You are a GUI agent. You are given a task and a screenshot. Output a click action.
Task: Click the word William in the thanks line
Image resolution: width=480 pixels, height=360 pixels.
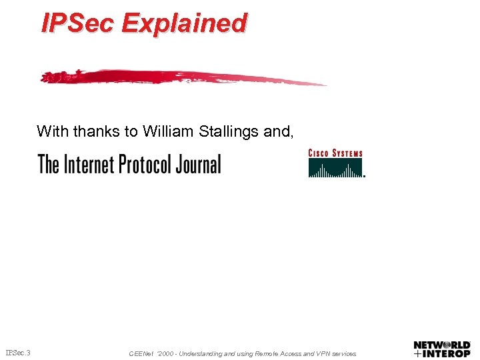point(168,131)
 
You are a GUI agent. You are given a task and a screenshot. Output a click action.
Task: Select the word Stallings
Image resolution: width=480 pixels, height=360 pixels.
point(229,131)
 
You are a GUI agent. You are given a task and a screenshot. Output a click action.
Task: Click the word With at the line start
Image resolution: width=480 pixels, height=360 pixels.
point(53,131)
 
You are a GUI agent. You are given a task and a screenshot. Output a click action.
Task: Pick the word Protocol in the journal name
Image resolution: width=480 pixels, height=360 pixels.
point(146,164)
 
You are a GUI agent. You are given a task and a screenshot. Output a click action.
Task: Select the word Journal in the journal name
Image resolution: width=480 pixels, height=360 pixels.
point(198,164)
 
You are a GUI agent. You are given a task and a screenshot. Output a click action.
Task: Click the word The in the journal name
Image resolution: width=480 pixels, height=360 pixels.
point(49,164)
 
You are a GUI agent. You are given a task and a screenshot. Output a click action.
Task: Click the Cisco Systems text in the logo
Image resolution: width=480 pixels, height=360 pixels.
point(335,153)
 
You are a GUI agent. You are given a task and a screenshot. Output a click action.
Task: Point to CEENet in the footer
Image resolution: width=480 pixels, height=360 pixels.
point(142,353)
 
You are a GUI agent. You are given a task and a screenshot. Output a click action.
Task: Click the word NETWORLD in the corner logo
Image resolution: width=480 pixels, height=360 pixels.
point(442,345)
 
